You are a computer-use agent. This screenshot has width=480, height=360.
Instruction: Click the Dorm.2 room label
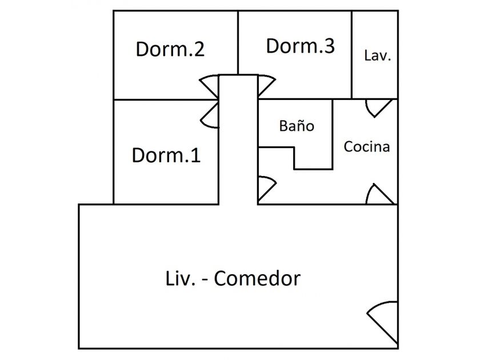(x=170, y=49)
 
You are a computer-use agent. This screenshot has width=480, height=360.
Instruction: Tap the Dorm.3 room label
(x=300, y=46)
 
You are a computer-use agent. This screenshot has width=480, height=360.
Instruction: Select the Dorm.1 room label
(x=166, y=155)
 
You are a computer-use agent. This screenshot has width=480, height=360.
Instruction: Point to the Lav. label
(x=377, y=56)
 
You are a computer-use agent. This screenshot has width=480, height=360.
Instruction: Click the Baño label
(x=297, y=126)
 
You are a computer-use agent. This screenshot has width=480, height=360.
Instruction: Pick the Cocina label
(x=367, y=146)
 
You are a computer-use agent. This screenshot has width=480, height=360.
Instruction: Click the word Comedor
(x=257, y=279)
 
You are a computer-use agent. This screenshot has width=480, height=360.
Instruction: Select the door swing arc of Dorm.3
(x=267, y=86)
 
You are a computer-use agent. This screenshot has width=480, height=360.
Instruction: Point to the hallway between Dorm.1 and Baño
(x=238, y=143)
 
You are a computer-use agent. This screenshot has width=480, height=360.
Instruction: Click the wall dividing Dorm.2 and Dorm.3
(x=238, y=43)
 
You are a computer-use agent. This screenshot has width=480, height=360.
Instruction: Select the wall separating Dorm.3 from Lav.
(x=351, y=54)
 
